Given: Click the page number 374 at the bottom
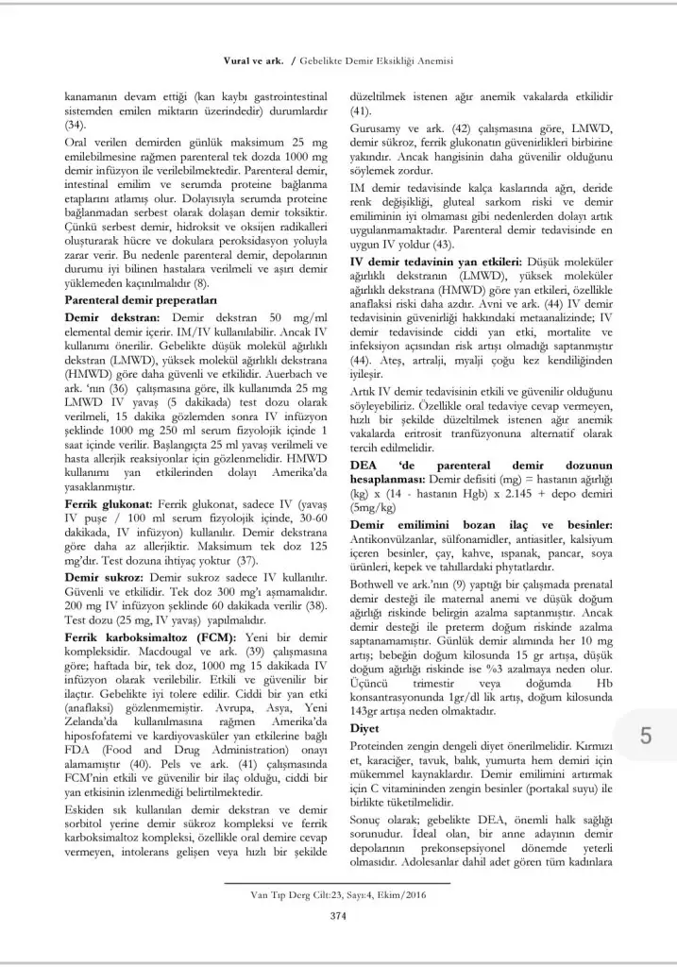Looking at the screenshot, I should (335, 914).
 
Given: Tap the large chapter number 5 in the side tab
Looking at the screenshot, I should (644, 737).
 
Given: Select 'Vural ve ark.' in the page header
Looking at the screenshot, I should (252, 60).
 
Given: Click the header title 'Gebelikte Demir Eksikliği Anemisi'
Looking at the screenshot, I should (380, 60).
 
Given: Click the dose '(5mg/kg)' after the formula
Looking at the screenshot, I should (376, 507).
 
